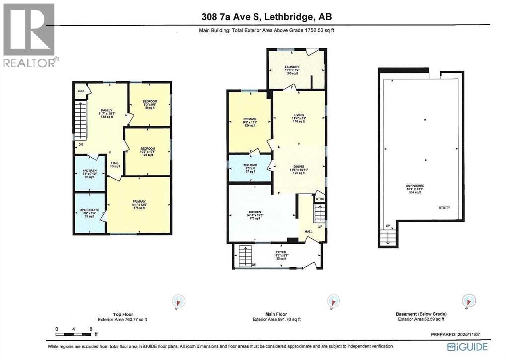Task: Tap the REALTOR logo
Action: (x=29, y=35)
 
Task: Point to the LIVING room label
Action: (x=298, y=117)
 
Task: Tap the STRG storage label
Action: (x=320, y=199)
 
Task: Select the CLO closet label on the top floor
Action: (x=80, y=91)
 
